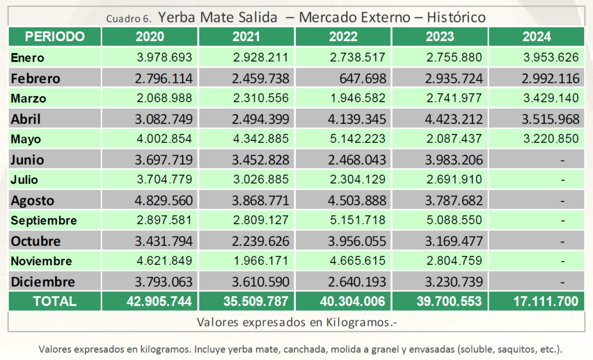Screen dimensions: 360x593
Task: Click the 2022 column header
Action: pos(343,37)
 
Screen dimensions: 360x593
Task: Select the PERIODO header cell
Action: pos(55,37)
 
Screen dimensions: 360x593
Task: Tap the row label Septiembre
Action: pos(43,221)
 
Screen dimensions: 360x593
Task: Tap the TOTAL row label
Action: pos(54,302)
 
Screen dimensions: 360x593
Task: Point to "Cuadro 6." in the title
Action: pos(129,18)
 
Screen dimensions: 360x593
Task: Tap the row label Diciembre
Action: pos(43,282)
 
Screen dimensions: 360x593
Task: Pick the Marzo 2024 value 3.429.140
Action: pos(544,98)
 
